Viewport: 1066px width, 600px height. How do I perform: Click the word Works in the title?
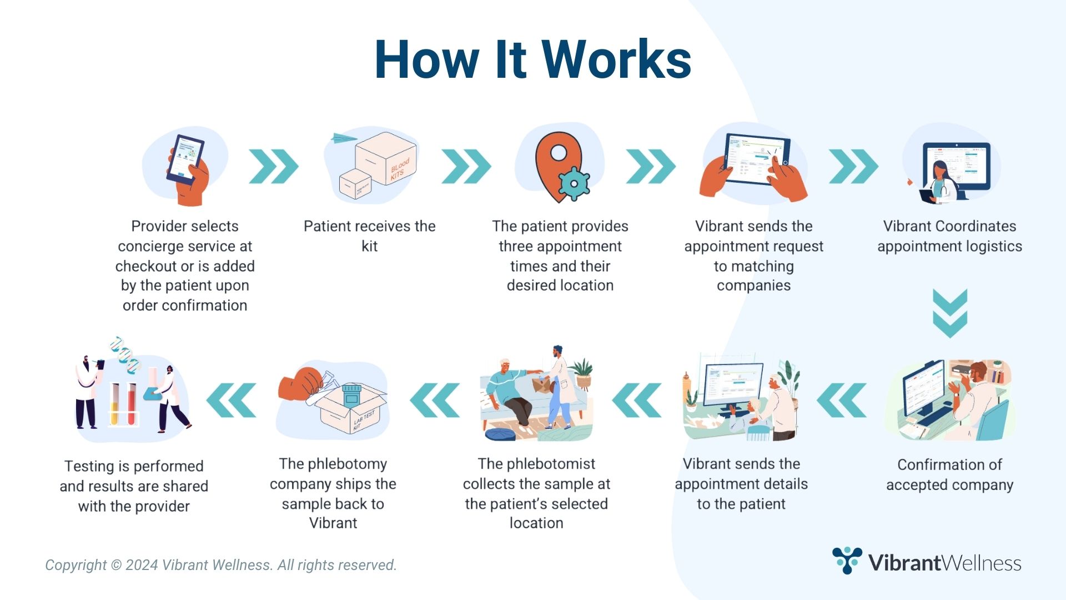(x=616, y=60)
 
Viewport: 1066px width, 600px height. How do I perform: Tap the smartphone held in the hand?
(x=185, y=159)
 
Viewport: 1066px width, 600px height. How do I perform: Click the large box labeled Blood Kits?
(x=385, y=161)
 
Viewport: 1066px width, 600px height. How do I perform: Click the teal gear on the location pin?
(x=574, y=184)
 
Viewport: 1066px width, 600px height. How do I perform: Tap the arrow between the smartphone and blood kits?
(x=274, y=166)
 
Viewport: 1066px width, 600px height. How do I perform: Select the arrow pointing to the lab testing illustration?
(x=232, y=400)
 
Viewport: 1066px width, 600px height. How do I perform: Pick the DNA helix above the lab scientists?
(x=125, y=353)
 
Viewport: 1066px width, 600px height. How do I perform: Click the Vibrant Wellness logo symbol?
(x=847, y=560)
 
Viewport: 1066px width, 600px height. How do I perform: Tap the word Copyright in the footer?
(x=76, y=565)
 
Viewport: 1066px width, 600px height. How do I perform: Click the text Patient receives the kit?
(x=369, y=236)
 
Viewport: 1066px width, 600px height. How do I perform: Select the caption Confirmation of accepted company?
(x=949, y=474)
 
